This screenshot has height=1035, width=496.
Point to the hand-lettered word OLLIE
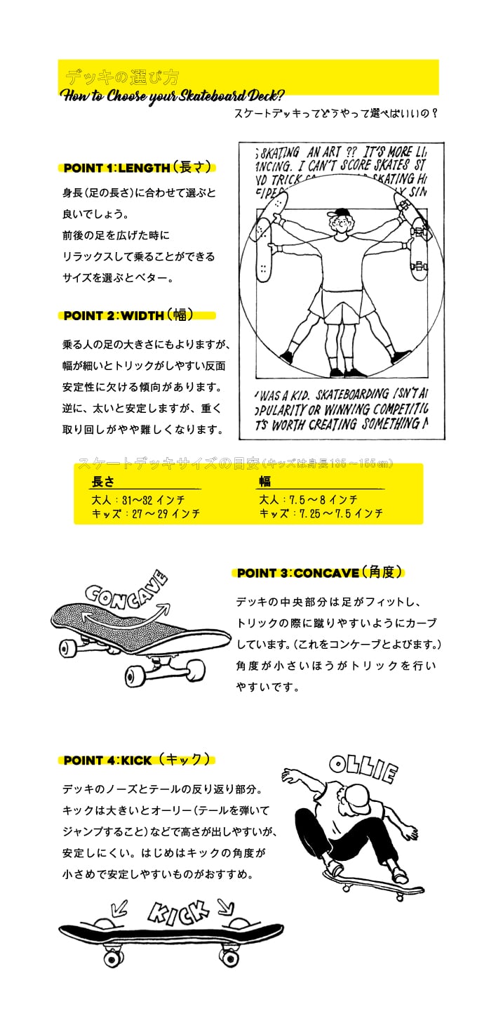[363, 769]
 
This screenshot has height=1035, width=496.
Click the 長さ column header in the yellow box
[103, 482]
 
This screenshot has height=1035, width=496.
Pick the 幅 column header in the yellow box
[264, 482]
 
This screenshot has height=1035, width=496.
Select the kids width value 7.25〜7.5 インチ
[321, 513]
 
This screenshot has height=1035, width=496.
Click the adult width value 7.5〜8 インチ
[308, 500]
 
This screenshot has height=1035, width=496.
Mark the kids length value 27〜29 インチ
[145, 513]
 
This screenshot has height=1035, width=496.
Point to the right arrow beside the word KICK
[225, 905]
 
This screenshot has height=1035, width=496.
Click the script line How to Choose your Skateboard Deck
[172, 96]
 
